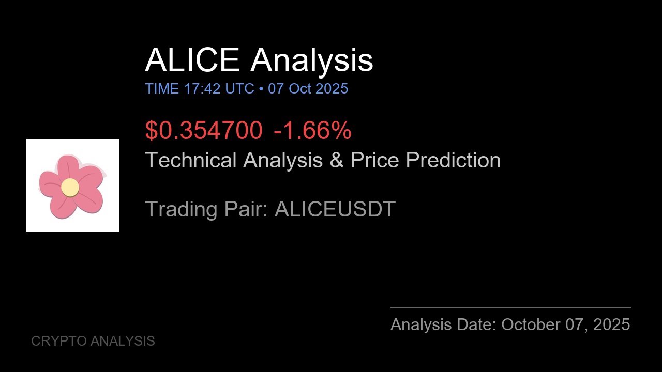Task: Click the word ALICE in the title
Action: (192, 60)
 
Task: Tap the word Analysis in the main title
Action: (311, 60)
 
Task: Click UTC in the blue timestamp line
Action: (239, 89)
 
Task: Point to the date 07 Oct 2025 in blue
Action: (308, 89)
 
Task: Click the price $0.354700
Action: (204, 131)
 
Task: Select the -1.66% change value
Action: (312, 131)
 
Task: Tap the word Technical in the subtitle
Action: (191, 160)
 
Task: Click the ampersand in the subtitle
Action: (336, 160)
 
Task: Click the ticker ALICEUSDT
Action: (335, 209)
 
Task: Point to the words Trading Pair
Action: (206, 209)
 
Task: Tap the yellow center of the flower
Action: (70, 187)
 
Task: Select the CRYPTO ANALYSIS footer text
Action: (93, 341)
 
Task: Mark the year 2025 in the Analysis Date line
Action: (611, 324)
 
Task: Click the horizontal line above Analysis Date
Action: (510, 308)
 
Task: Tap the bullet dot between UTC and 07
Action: (261, 89)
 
